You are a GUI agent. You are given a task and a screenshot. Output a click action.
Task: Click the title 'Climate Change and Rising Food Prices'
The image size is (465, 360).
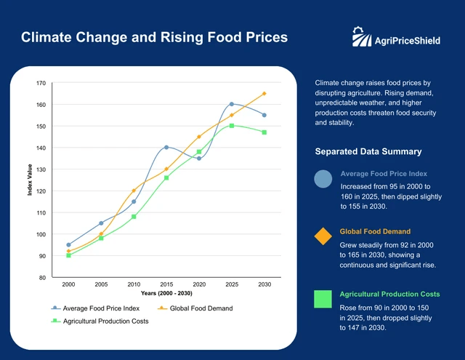point(154,37)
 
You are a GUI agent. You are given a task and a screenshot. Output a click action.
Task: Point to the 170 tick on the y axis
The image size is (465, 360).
point(41,83)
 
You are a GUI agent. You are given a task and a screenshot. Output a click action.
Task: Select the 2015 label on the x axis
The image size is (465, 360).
point(166,284)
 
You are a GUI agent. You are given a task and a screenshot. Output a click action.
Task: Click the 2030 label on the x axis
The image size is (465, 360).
point(264,284)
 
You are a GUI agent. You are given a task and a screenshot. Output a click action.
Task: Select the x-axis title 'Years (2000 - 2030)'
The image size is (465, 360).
point(166,293)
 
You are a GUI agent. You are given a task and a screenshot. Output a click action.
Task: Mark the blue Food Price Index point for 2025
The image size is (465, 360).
point(232,105)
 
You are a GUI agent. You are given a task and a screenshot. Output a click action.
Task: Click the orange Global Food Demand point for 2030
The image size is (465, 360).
point(264,94)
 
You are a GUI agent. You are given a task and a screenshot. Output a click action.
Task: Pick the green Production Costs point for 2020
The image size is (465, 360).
point(199,152)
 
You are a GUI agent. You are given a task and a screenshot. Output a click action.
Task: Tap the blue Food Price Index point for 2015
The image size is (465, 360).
point(166,148)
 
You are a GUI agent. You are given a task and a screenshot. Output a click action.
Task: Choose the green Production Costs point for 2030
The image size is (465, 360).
point(264,132)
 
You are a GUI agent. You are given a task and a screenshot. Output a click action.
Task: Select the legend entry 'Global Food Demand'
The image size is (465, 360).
point(196,308)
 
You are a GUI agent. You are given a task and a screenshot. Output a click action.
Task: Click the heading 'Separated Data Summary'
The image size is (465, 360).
point(368,152)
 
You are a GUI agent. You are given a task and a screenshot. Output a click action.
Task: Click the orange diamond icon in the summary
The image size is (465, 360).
point(323,237)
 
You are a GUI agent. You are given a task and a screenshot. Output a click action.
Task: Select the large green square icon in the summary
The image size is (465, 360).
point(323,299)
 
